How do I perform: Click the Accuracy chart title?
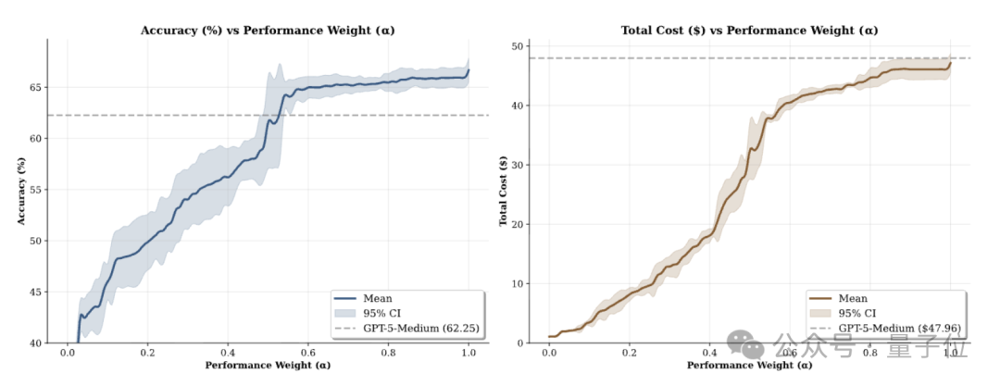[267, 31]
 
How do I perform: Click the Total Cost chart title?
[749, 31]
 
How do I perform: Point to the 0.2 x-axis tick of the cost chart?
[630, 354]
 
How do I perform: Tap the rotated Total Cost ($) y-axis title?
[504, 190]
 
